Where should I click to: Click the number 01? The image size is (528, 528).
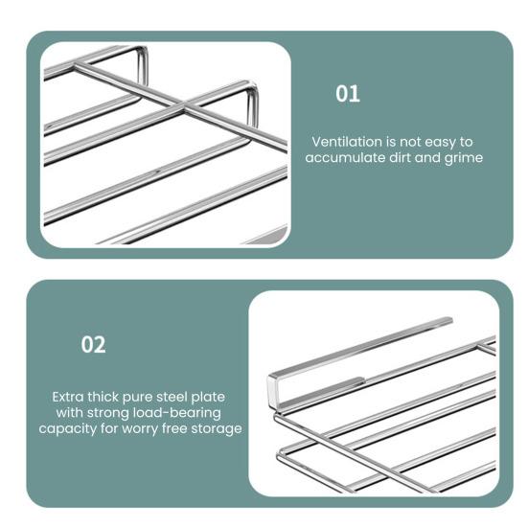point(348,94)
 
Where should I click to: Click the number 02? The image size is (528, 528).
point(93,345)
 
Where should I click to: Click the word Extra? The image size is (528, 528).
point(70,396)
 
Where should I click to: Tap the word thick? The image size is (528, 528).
point(111,396)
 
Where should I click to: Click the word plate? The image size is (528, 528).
point(217,396)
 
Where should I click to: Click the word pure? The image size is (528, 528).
point(145,396)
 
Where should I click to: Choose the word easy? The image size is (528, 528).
point(439,141)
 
